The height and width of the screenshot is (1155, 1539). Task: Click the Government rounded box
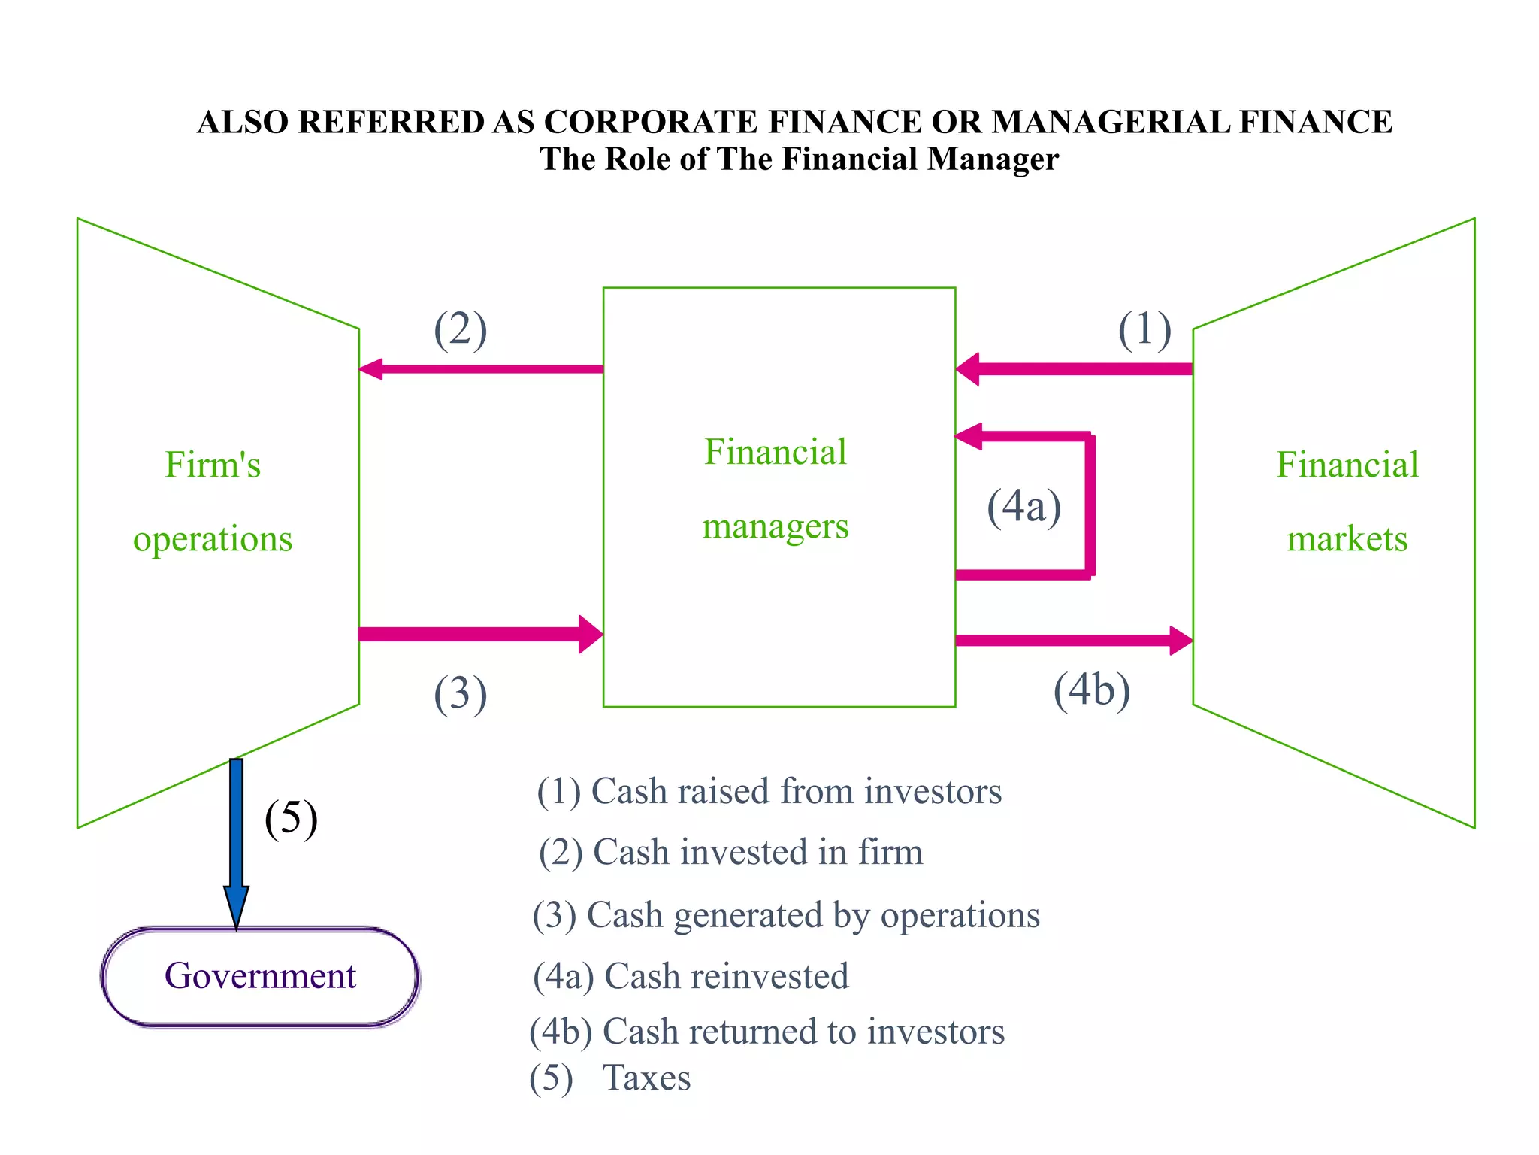point(260,976)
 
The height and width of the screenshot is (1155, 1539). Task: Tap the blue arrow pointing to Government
point(236,842)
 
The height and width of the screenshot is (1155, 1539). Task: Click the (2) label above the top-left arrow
point(460,330)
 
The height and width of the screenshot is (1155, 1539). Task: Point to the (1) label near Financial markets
point(1144,330)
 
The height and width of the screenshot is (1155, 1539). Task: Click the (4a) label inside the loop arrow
point(1023,507)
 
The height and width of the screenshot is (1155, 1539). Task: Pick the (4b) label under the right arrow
point(1091,690)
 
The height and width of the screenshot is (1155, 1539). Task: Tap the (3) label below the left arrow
point(460,693)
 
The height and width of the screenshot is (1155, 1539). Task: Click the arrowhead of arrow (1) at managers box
point(969,368)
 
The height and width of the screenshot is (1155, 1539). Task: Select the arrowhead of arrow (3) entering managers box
point(591,634)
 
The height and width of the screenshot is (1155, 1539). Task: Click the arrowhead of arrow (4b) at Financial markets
point(1181,641)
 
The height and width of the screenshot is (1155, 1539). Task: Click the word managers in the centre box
point(776,526)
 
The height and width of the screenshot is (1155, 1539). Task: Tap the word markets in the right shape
point(1347,539)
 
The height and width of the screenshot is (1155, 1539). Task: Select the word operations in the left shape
point(213,539)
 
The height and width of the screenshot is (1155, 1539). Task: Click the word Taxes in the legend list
point(646,1078)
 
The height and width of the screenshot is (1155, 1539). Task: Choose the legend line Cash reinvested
point(691,976)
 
